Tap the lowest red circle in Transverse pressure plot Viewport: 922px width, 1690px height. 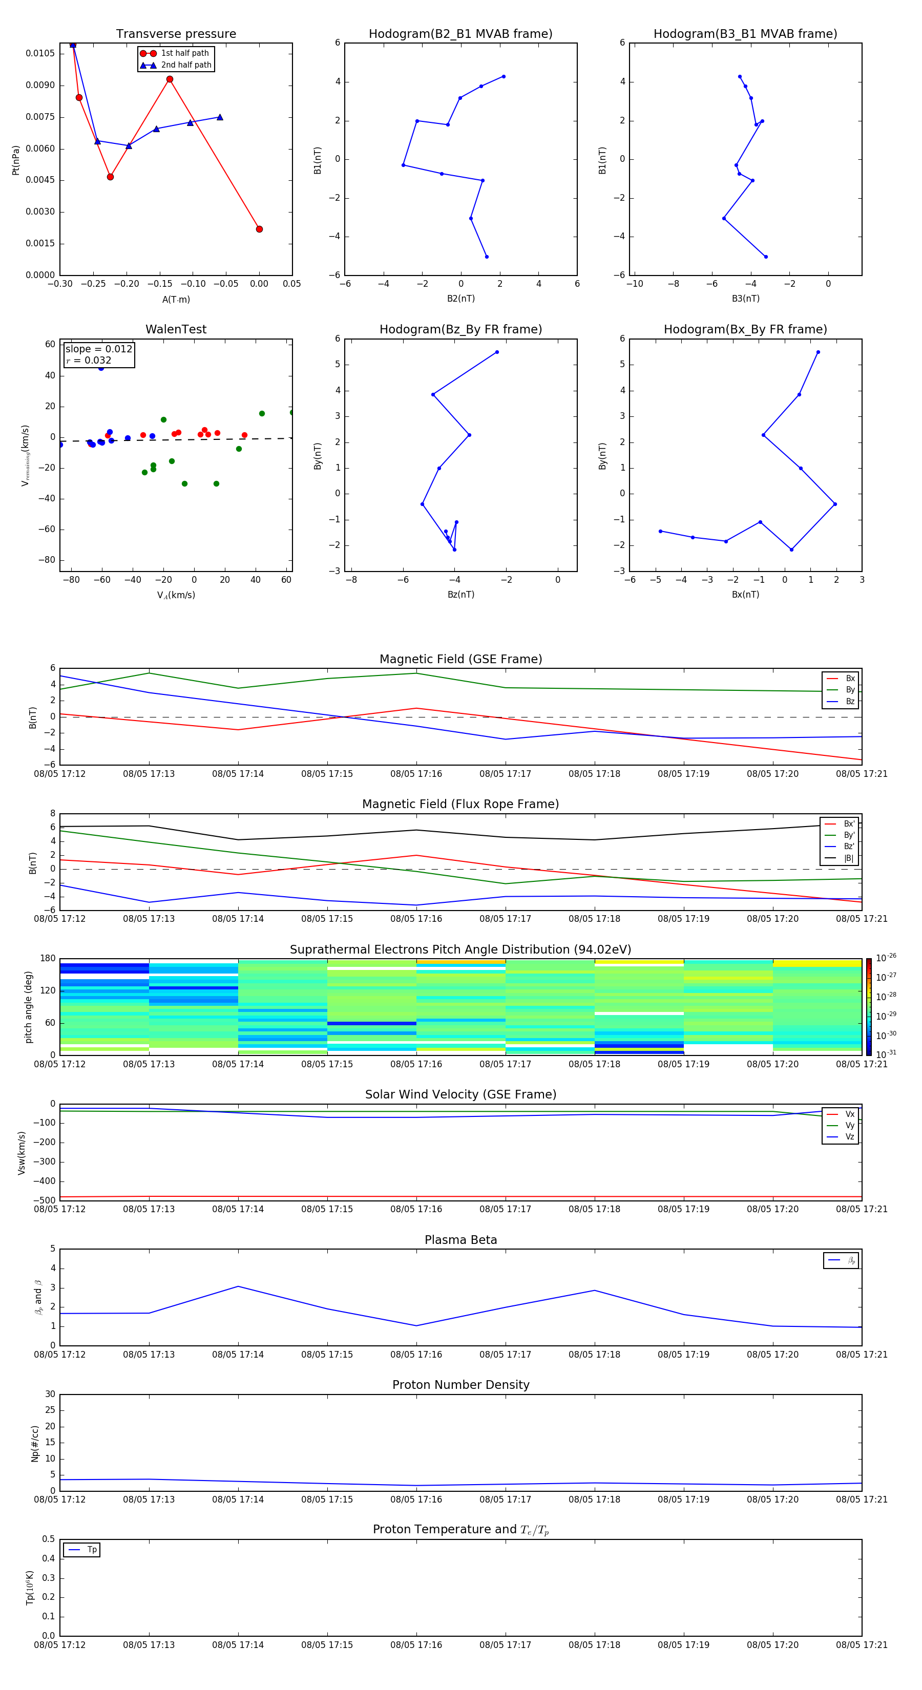click(x=259, y=229)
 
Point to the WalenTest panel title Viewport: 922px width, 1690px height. click(x=176, y=329)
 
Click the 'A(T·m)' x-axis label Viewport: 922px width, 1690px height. click(x=176, y=299)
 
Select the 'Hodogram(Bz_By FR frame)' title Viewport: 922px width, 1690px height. click(x=460, y=329)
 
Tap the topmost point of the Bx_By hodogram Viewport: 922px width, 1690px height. click(x=818, y=352)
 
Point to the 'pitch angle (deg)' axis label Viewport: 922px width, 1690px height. click(x=29, y=1006)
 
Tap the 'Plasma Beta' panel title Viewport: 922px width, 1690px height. click(x=460, y=1240)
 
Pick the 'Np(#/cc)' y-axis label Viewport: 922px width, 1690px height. click(x=35, y=1443)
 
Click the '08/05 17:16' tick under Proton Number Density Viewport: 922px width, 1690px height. click(x=416, y=1499)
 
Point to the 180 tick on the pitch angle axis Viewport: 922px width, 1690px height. click(x=48, y=959)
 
